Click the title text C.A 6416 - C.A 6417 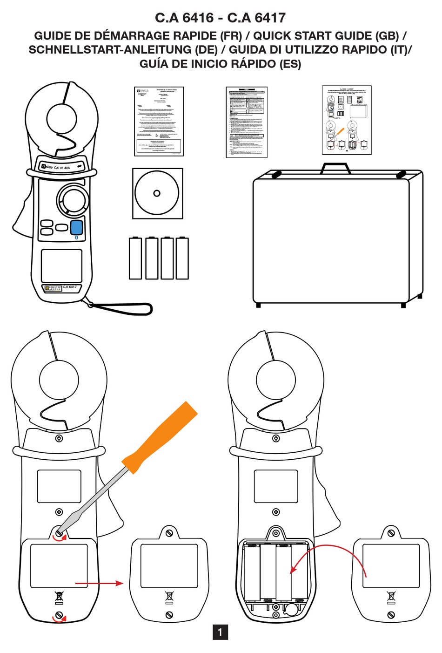pyautogui.click(x=220, y=18)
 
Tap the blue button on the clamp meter pyautogui.click(x=77, y=227)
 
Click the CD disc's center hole pyautogui.click(x=157, y=193)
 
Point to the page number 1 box pyautogui.click(x=220, y=632)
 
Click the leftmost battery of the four pyautogui.click(x=135, y=258)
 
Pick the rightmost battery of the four pyautogui.click(x=182, y=258)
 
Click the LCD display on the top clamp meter pyautogui.click(x=61, y=265)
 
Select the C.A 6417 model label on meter pyautogui.click(x=70, y=287)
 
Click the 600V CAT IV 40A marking pyautogui.click(x=58, y=167)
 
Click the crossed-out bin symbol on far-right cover pyautogui.click(x=391, y=596)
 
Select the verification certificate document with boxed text pyautogui.click(x=159, y=121)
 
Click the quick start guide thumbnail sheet pyautogui.click(x=347, y=120)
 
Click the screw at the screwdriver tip pyautogui.click(x=59, y=532)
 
